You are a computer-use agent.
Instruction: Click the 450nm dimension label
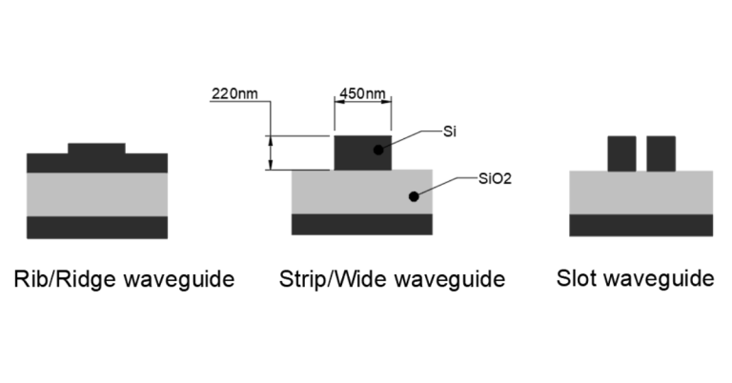pyautogui.click(x=362, y=94)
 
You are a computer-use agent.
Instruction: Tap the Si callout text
pyautogui.click(x=451, y=131)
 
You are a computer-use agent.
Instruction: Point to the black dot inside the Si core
pyautogui.click(x=378, y=151)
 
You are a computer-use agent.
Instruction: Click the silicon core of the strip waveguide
pyautogui.click(x=353, y=152)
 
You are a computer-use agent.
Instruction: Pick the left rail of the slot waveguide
pyautogui.click(x=621, y=152)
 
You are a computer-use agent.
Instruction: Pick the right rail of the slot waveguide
pyautogui.click(x=661, y=152)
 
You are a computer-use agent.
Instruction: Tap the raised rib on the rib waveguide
pyautogui.click(x=96, y=149)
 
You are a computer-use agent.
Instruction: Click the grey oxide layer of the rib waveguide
pyautogui.click(x=96, y=193)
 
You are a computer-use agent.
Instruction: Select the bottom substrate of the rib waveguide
pyautogui.click(x=96, y=227)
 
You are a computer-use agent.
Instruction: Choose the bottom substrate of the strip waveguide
pyautogui.click(x=362, y=224)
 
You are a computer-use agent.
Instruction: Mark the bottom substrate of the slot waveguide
pyautogui.click(x=640, y=225)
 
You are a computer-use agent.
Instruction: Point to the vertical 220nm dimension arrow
pyautogui.click(x=271, y=152)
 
